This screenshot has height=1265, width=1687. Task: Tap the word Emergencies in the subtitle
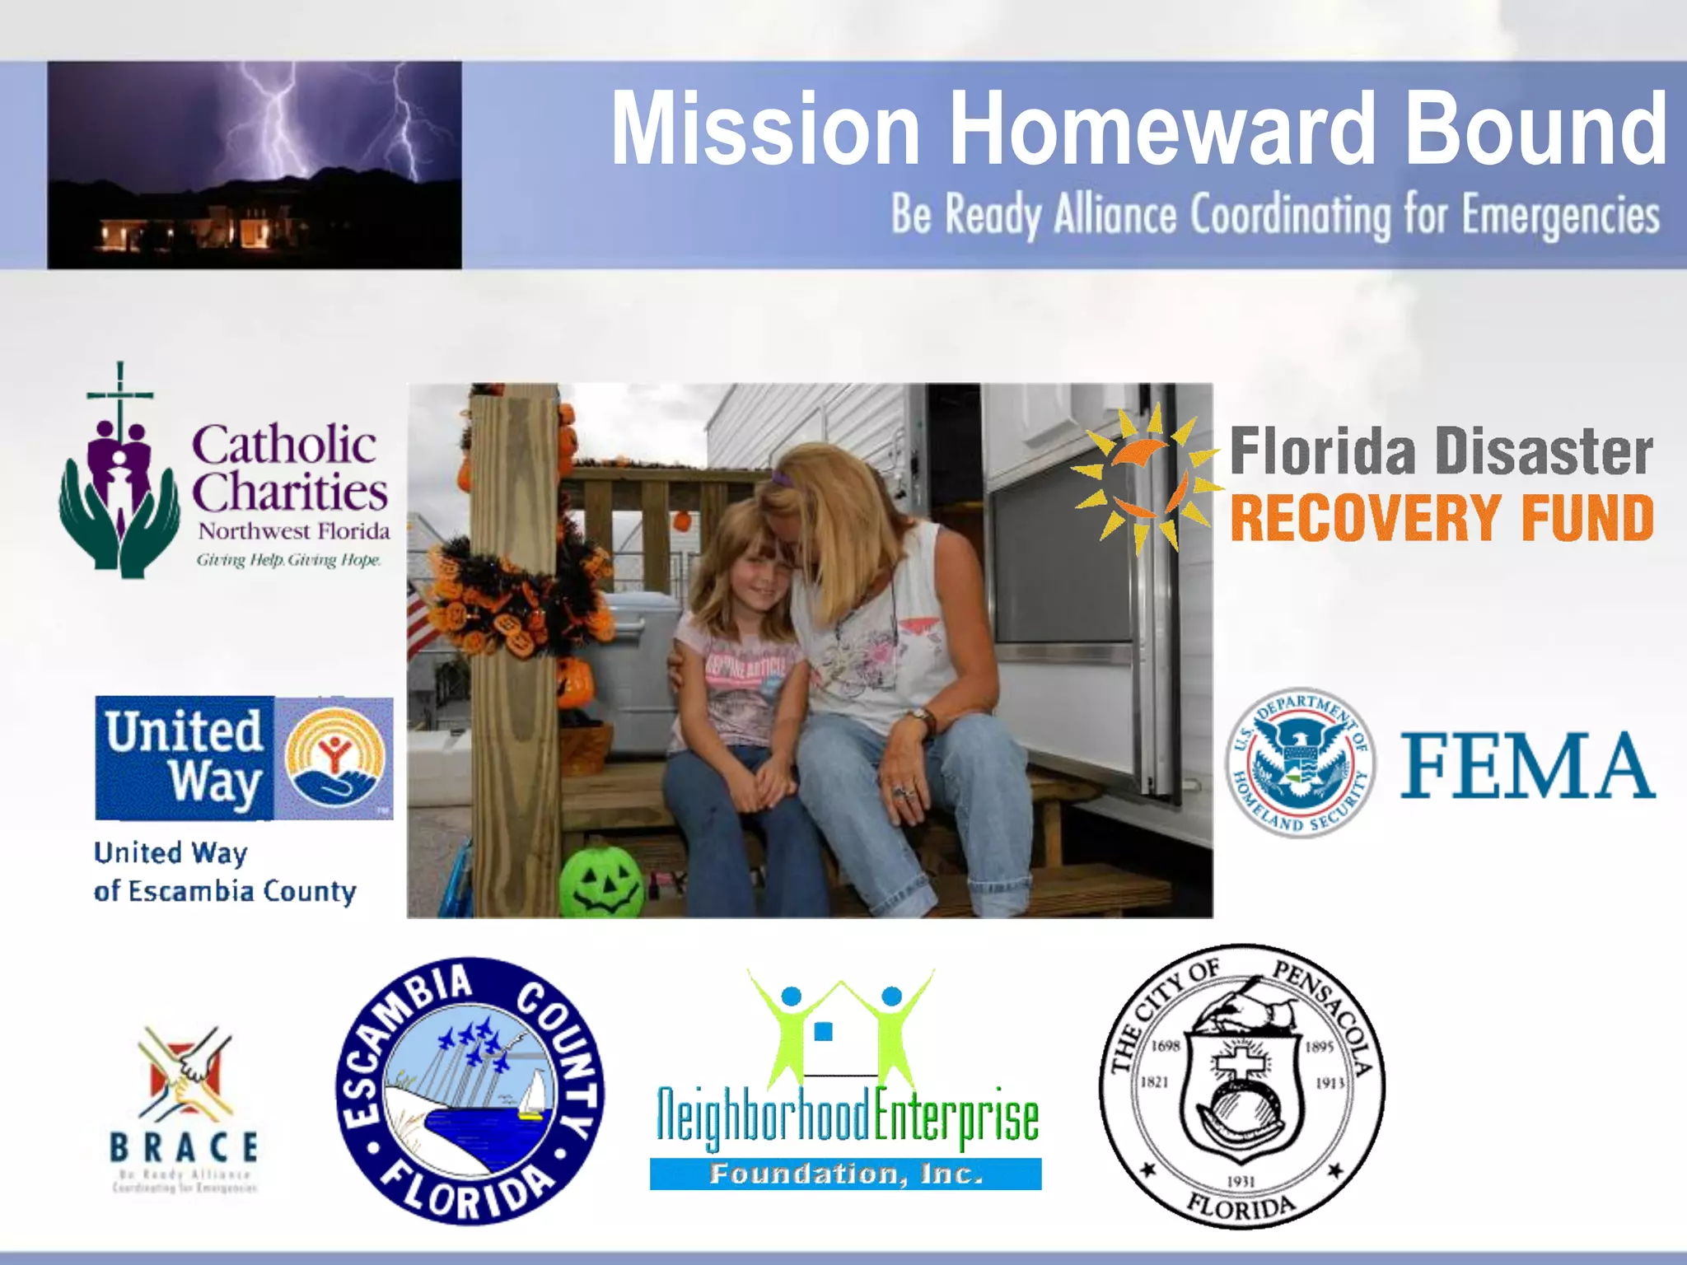tap(1560, 216)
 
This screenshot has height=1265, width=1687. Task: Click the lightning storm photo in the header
tap(254, 165)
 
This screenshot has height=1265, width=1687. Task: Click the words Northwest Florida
tap(294, 531)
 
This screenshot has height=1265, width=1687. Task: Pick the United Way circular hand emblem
tap(334, 758)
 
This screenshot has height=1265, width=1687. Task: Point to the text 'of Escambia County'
tap(225, 891)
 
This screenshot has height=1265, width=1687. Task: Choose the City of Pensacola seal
tap(1241, 1086)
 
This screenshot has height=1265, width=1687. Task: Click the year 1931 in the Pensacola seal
tap(1241, 1181)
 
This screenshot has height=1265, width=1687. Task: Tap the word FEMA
tap(1527, 766)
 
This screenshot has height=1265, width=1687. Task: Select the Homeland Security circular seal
tap(1300, 763)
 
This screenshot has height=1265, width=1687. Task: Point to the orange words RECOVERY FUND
tap(1442, 517)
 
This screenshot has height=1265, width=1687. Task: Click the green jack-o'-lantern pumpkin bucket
tap(601, 881)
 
